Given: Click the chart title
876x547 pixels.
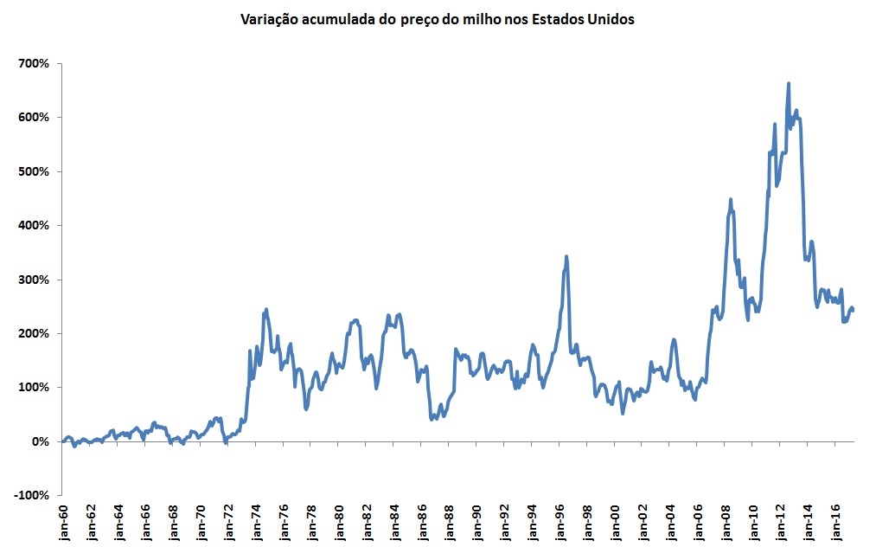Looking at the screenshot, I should coord(438,19).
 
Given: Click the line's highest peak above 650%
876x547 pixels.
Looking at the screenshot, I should coord(789,84).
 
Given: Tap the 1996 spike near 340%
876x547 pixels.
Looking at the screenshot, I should coord(566,257).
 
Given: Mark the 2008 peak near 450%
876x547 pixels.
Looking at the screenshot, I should coord(731,200).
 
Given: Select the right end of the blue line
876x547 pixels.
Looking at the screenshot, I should coord(854,310).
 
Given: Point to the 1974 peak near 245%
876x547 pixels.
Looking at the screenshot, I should coord(266,309).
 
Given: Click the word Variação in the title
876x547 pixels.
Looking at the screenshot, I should coord(269,19).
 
